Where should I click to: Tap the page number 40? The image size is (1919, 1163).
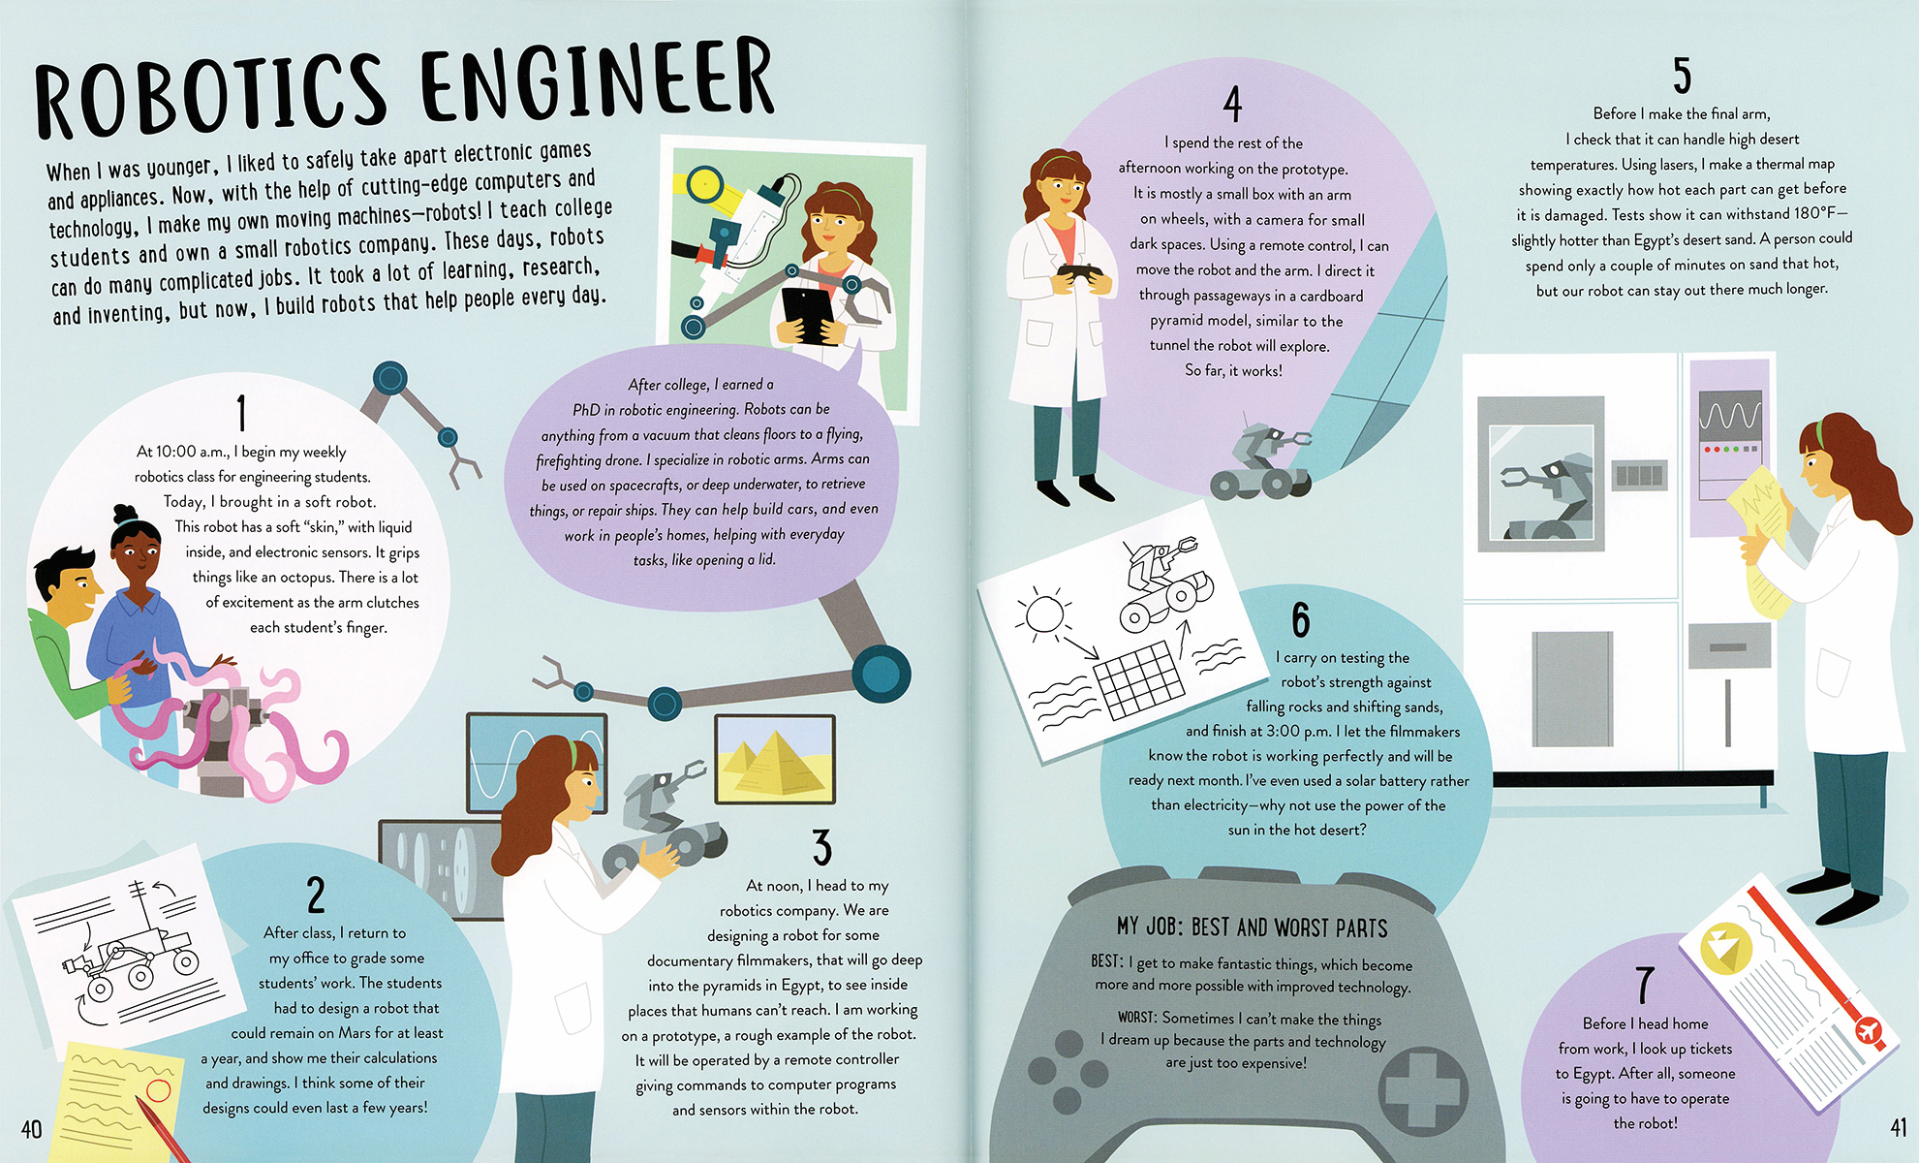tap(31, 1129)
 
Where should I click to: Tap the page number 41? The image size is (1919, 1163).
tap(1898, 1128)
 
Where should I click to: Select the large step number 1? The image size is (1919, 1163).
tap(241, 412)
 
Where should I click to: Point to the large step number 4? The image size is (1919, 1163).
tap(1232, 104)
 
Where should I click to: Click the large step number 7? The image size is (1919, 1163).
tap(1645, 986)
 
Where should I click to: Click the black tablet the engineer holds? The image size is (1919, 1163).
tap(804, 314)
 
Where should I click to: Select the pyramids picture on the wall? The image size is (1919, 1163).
tap(775, 760)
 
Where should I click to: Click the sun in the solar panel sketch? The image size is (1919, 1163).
tap(1043, 614)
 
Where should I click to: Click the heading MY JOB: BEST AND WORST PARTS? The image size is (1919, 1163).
tap(1252, 927)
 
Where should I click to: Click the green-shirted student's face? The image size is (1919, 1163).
tap(74, 590)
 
